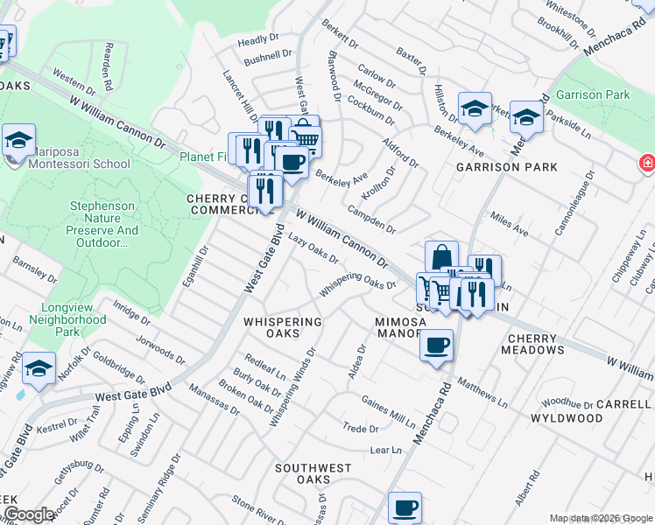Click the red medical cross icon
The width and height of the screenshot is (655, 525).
pyautogui.click(x=647, y=163)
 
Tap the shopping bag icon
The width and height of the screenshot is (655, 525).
pyautogui.click(x=441, y=257)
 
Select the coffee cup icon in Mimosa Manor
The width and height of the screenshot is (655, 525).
pyautogui.click(x=435, y=346)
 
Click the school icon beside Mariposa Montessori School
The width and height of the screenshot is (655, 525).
pyautogui.click(x=18, y=140)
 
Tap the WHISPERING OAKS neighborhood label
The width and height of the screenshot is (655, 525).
pyautogui.click(x=283, y=327)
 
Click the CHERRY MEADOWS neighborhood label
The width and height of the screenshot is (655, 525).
pyautogui.click(x=532, y=344)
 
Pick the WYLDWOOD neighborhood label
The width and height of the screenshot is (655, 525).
pyautogui.click(x=567, y=418)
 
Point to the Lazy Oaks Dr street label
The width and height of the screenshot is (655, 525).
pyautogui.click(x=313, y=248)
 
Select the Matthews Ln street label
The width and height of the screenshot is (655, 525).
pyautogui.click(x=481, y=394)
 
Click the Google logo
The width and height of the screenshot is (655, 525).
pyautogui.click(x=28, y=515)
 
